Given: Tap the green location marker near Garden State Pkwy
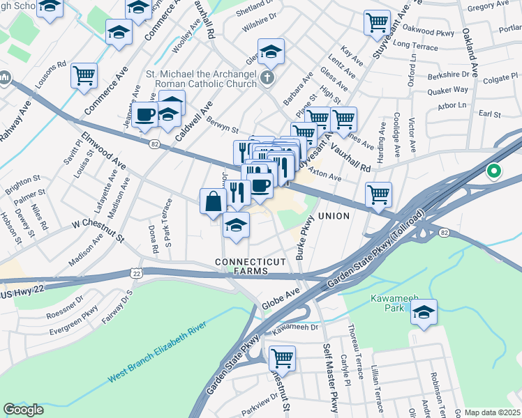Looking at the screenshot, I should tap(494, 171).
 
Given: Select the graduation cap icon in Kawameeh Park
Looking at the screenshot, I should tap(423, 313).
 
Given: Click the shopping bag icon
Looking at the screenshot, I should tap(214, 201).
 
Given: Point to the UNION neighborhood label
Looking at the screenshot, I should tap(334, 217).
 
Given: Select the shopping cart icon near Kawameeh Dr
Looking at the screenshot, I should tap(282, 359).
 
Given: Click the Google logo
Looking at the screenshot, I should tap(23, 410).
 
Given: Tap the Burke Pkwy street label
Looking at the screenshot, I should tap(305, 238).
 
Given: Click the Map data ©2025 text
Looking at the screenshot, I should tap(492, 412).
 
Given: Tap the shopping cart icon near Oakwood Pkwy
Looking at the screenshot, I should tap(377, 22).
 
